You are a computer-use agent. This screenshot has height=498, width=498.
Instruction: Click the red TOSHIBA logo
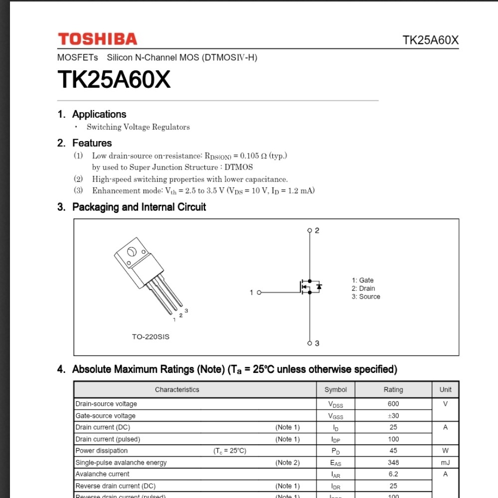(97, 39)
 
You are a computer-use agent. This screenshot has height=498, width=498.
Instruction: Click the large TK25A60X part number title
(114, 79)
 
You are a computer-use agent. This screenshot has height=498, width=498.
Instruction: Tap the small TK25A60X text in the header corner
(430, 40)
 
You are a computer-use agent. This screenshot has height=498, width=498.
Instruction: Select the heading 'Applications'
(99, 114)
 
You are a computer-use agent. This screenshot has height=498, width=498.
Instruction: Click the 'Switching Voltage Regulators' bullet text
(138, 127)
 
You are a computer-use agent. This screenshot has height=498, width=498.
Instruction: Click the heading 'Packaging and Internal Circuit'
(139, 207)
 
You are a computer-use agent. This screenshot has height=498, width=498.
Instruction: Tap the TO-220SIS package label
(151, 337)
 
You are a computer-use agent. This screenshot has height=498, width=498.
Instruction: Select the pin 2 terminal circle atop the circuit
(310, 230)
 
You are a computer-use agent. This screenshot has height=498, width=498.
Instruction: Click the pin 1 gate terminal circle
(259, 292)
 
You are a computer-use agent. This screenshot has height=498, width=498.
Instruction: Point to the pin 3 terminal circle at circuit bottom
(310, 343)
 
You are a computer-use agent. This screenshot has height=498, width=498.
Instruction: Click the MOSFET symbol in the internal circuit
(310, 287)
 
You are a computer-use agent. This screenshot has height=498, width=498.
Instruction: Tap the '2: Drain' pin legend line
(363, 289)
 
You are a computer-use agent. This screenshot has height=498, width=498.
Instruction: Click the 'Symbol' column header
(335, 390)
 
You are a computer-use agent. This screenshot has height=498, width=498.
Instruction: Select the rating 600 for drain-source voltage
(393, 404)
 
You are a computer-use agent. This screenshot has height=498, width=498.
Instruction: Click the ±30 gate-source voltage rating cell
(393, 416)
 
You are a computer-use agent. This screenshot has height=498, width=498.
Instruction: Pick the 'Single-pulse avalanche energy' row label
(121, 463)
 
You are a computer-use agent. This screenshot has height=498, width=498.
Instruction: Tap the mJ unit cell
(445, 463)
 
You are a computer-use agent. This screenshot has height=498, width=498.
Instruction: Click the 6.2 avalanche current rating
(393, 474)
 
